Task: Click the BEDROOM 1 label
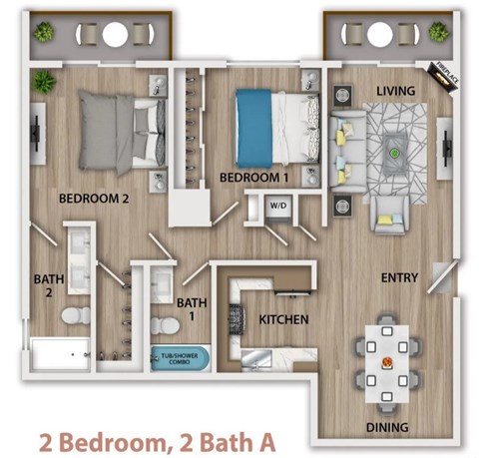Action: pyautogui.click(x=247, y=178)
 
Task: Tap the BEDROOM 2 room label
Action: pyautogui.click(x=95, y=198)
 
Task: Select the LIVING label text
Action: pyautogui.click(x=394, y=91)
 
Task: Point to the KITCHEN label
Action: pyautogui.click(x=283, y=320)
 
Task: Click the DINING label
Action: pyautogui.click(x=386, y=428)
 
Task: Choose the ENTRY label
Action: pyautogui.click(x=398, y=278)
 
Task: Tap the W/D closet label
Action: pyautogui.click(x=276, y=206)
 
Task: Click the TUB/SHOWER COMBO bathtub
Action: pyautogui.click(x=180, y=357)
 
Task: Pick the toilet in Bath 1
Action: pyautogui.click(x=163, y=324)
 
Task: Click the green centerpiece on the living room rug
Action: pyautogui.click(x=395, y=154)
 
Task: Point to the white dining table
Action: pyautogui.click(x=386, y=364)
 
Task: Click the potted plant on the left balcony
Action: pyautogui.click(x=43, y=33)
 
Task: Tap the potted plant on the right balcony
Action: pyautogui.click(x=437, y=33)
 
